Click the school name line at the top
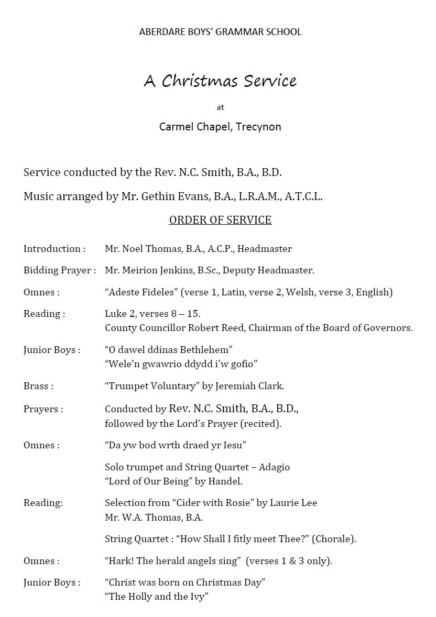pyautogui.click(x=220, y=32)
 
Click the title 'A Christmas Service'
pyautogui.click(x=220, y=81)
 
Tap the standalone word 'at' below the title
pyautogui.click(x=220, y=107)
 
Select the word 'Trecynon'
pyautogui.click(x=258, y=127)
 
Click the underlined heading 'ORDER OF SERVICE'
pyautogui.click(x=220, y=220)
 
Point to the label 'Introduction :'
pyautogui.click(x=54, y=249)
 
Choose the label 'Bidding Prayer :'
pyautogui.click(x=60, y=271)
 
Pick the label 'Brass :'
pyautogui.click(x=38, y=387)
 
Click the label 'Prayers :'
pyautogui.click(x=43, y=410)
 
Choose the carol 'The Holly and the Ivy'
pyautogui.click(x=157, y=597)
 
